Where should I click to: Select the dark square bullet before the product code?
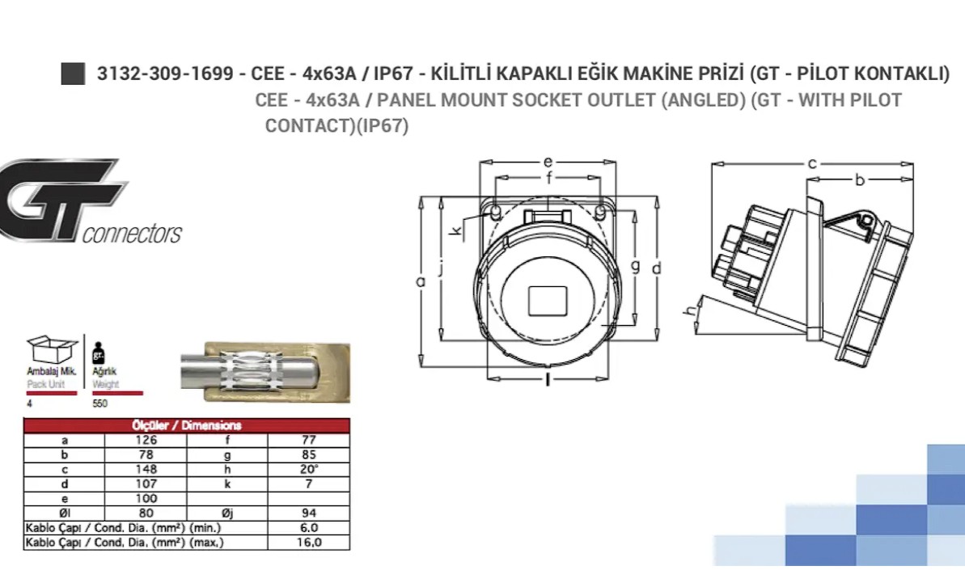click(74, 74)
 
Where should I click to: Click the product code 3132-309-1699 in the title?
click(165, 74)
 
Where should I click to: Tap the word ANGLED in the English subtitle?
click(704, 99)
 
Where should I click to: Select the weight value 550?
click(99, 403)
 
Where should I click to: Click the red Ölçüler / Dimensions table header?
click(187, 425)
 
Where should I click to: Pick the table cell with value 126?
click(146, 441)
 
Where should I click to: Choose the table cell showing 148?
click(146, 469)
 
